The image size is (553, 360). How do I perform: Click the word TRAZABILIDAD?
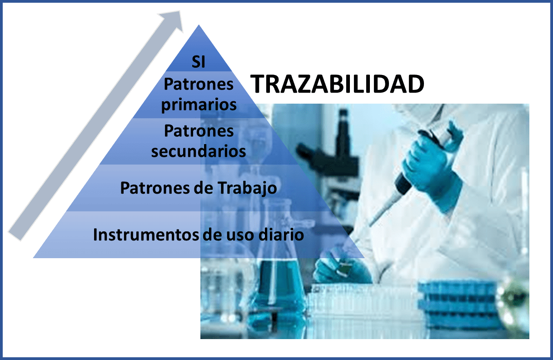click(x=338, y=84)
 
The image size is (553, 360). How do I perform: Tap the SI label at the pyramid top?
click(x=198, y=62)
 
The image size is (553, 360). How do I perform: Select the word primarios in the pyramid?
click(x=199, y=104)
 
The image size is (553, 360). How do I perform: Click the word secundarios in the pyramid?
click(x=199, y=151)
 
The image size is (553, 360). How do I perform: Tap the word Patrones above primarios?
click(x=199, y=84)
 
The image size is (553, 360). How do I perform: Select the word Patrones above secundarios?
click(x=199, y=131)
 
